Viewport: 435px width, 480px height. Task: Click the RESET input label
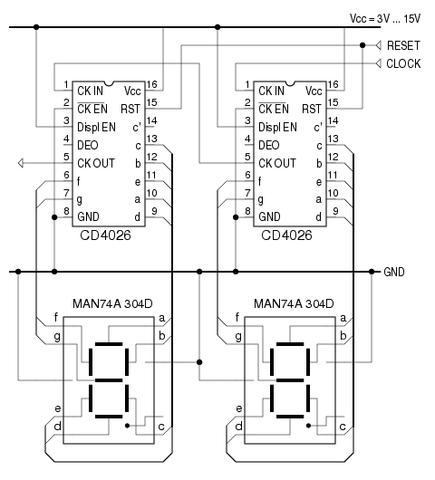403,45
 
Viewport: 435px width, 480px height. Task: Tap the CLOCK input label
403,63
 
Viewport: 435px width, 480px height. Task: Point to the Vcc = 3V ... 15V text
385,19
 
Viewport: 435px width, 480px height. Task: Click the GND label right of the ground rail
394,272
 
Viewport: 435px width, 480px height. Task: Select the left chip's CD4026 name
105,235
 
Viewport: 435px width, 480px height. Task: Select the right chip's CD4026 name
286,235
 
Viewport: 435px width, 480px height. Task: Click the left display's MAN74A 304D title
112,303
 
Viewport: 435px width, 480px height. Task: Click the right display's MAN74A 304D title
294,303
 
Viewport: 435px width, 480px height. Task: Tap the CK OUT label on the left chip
96,163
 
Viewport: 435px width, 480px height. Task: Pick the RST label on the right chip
312,109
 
